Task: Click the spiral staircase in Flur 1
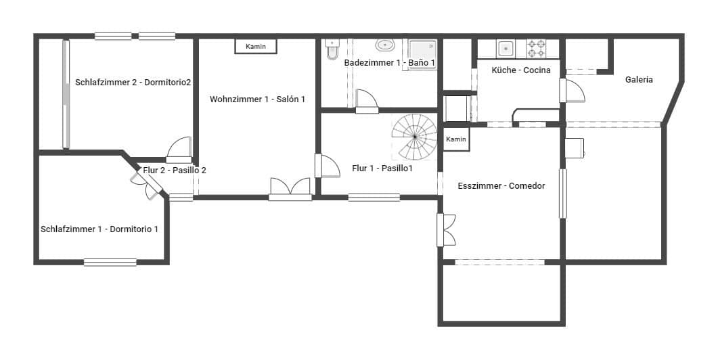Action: pos(415,136)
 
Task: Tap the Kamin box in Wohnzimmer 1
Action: pos(256,46)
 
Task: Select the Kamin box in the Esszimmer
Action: pos(456,139)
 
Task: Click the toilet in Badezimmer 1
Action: pos(332,50)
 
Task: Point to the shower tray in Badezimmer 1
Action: pos(423,53)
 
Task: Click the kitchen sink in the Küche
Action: pos(505,49)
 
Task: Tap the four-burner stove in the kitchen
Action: pos(536,48)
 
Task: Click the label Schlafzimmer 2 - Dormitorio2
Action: pos(133,83)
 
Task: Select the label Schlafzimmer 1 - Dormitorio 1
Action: pos(99,229)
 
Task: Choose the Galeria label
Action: pos(639,80)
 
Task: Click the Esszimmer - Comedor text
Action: pos(501,186)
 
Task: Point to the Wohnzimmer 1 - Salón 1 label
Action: pos(257,99)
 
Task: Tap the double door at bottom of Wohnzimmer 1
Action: pos(290,189)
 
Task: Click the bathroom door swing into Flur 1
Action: pos(366,99)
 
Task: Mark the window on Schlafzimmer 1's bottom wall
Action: pos(110,262)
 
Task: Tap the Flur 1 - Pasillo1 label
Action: pos(382,168)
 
